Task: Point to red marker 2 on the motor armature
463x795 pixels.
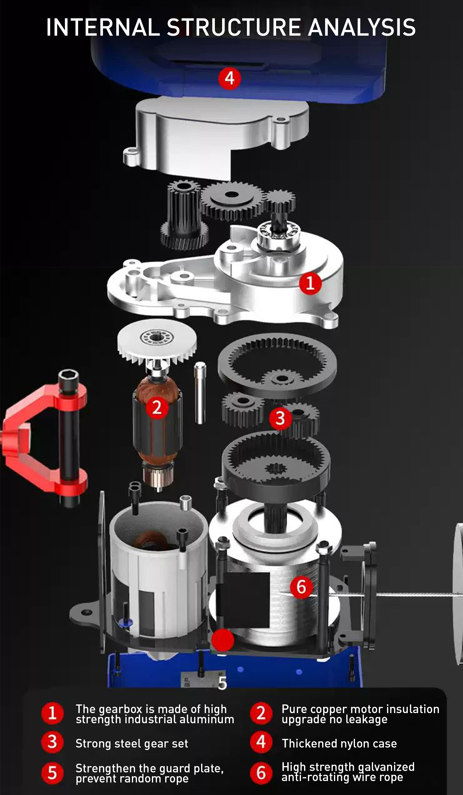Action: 157,408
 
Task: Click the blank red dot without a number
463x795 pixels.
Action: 223,640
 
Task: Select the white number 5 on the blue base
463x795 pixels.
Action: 222,683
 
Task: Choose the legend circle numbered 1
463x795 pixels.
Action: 52,713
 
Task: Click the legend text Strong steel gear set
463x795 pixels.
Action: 132,744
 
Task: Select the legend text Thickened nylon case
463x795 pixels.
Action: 339,744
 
